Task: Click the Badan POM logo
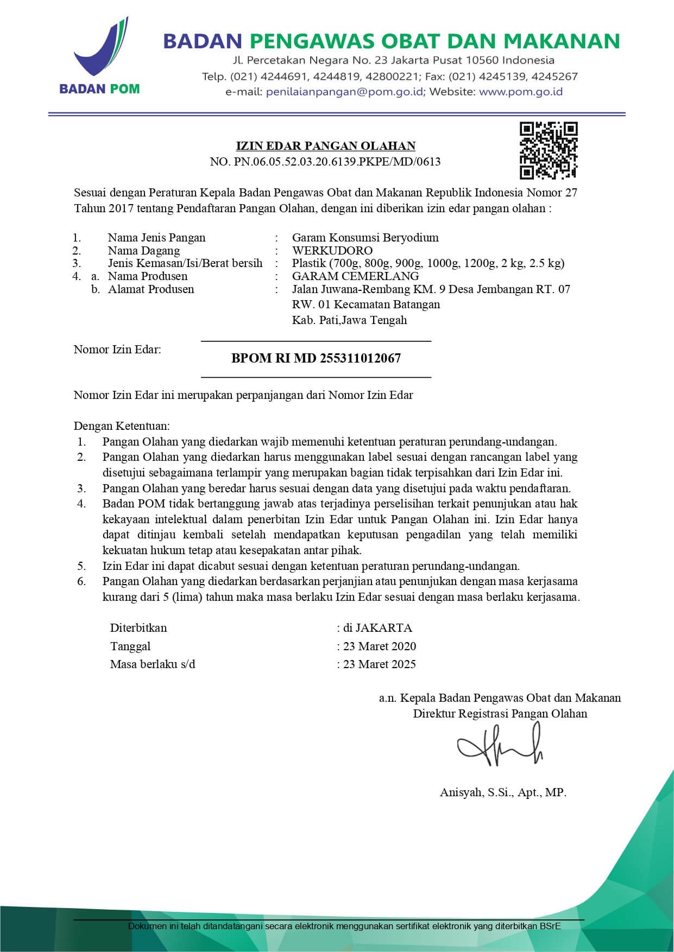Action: point(100,57)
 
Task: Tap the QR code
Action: point(548,150)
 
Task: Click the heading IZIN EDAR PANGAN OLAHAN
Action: point(325,146)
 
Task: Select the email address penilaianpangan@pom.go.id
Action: point(344,92)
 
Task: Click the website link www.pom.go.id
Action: point(520,92)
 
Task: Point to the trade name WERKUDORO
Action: point(332,251)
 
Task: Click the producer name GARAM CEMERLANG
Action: point(355,276)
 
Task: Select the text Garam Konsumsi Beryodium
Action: point(365,238)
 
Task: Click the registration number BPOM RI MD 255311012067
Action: point(316,358)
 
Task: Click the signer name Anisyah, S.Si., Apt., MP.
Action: point(503,792)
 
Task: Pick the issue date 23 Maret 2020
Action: point(380,646)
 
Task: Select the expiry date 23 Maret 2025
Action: point(380,664)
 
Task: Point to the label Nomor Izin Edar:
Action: point(117,350)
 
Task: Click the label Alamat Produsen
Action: point(150,289)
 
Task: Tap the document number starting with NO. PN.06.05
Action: point(325,162)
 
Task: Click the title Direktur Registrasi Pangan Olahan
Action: point(500,713)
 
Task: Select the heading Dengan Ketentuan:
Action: point(122,426)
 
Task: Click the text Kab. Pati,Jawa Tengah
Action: point(349,320)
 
